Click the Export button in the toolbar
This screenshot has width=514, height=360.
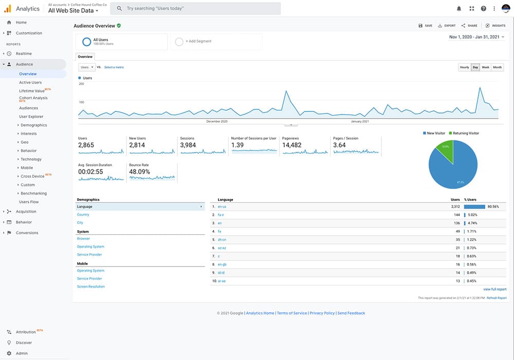(x=447, y=25)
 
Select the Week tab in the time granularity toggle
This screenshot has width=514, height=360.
(x=485, y=67)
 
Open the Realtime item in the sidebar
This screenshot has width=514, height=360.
(x=24, y=53)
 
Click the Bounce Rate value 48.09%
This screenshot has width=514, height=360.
(x=140, y=172)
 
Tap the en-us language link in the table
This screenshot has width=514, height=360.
(x=222, y=206)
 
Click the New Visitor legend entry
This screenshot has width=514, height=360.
(x=434, y=133)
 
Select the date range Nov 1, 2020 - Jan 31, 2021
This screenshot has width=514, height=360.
(x=474, y=37)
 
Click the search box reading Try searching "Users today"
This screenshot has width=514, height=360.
(x=195, y=8)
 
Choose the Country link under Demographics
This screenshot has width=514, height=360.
(x=83, y=215)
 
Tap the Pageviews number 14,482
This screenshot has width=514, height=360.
(x=292, y=145)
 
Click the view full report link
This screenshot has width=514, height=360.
(x=494, y=290)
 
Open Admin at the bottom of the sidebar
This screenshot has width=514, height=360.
(x=22, y=353)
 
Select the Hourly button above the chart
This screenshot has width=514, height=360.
(x=464, y=67)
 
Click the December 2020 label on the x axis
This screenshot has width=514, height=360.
(x=217, y=122)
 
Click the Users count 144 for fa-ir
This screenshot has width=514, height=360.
(x=456, y=215)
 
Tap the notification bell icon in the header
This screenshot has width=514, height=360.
(x=459, y=9)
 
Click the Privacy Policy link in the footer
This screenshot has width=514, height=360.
(x=322, y=313)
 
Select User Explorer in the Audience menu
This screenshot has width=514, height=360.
(x=31, y=117)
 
